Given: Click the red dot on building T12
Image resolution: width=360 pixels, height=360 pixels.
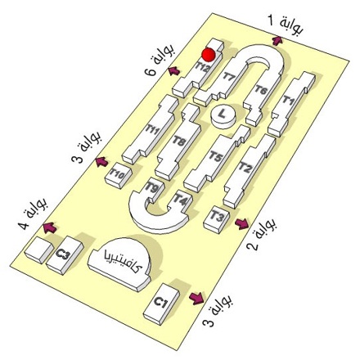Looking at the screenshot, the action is pos(209,54).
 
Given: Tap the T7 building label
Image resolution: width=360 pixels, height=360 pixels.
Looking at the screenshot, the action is pos(229,75).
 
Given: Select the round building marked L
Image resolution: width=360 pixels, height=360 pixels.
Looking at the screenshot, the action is pos(223,117).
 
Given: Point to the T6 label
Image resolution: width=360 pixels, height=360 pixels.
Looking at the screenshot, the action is pos(261,89).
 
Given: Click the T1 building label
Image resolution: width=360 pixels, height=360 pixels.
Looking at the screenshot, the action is pos(288,100).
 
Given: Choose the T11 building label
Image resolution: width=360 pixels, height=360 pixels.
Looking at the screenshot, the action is pos(152,128).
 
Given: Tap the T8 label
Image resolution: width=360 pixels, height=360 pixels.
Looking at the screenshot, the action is pos(179,142).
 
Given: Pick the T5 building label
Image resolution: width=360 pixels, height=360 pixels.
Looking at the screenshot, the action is pos(216,157).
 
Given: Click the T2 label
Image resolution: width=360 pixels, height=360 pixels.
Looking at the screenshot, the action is pos(245,167).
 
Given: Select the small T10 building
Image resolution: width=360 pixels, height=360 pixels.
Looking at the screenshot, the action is pos(119,175).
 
